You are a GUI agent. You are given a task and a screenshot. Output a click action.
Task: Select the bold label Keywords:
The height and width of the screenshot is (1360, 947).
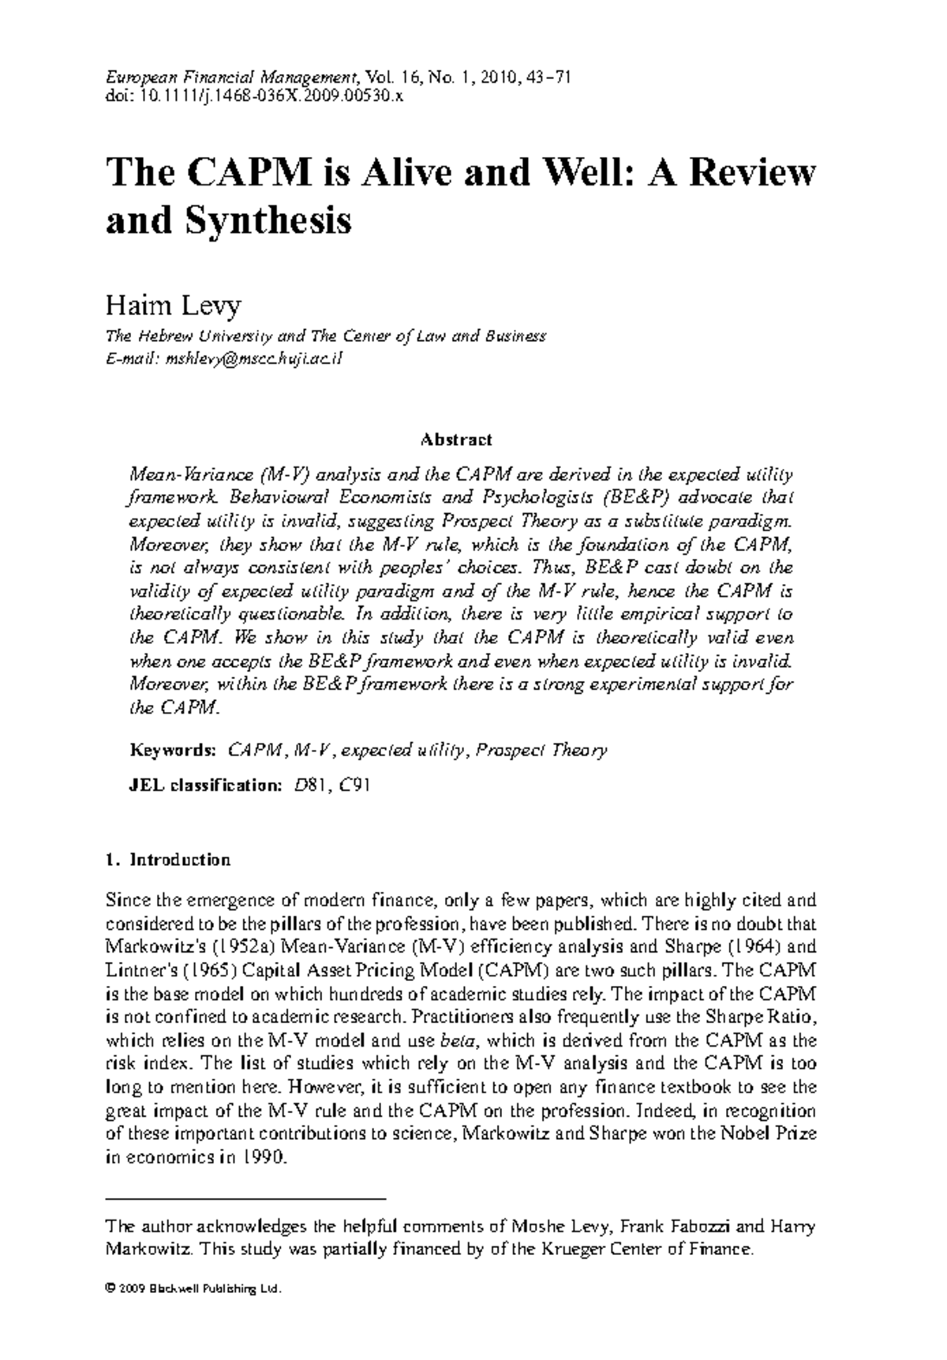pyautogui.click(x=172, y=750)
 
